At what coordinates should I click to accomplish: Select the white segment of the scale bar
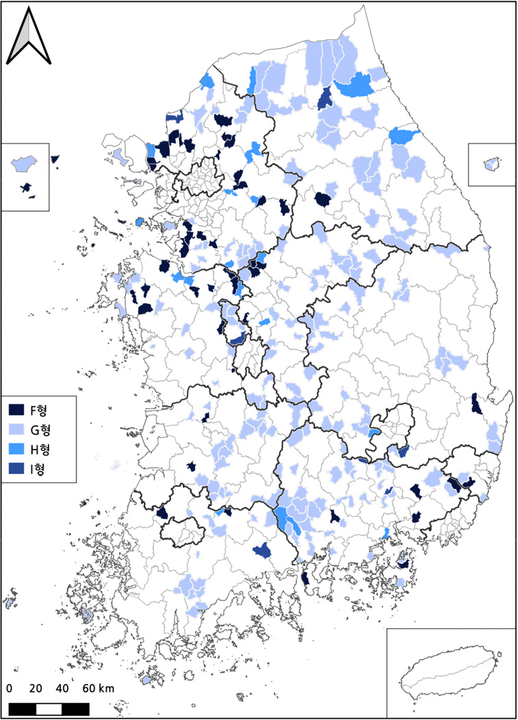tap(48, 708)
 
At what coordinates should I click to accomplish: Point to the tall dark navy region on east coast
tap(476, 404)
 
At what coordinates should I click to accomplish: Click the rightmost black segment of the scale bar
tap(76, 708)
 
